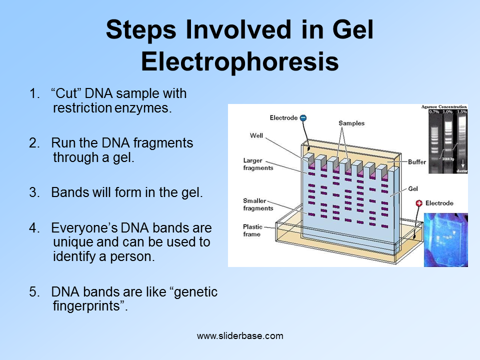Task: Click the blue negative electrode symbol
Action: point(303,118)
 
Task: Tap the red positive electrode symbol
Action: point(419,203)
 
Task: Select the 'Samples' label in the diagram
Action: point(351,123)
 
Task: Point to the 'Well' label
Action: point(256,135)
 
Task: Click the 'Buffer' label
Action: point(417,162)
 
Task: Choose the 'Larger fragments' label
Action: point(258,164)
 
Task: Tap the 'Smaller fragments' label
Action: point(258,204)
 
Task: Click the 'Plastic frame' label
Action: point(252,230)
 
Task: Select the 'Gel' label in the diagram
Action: point(413,189)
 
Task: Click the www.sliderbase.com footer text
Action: point(240,336)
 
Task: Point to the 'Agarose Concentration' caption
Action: point(444,106)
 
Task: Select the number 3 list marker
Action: point(33,193)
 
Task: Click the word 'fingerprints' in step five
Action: point(87,306)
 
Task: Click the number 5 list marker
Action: point(33,292)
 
